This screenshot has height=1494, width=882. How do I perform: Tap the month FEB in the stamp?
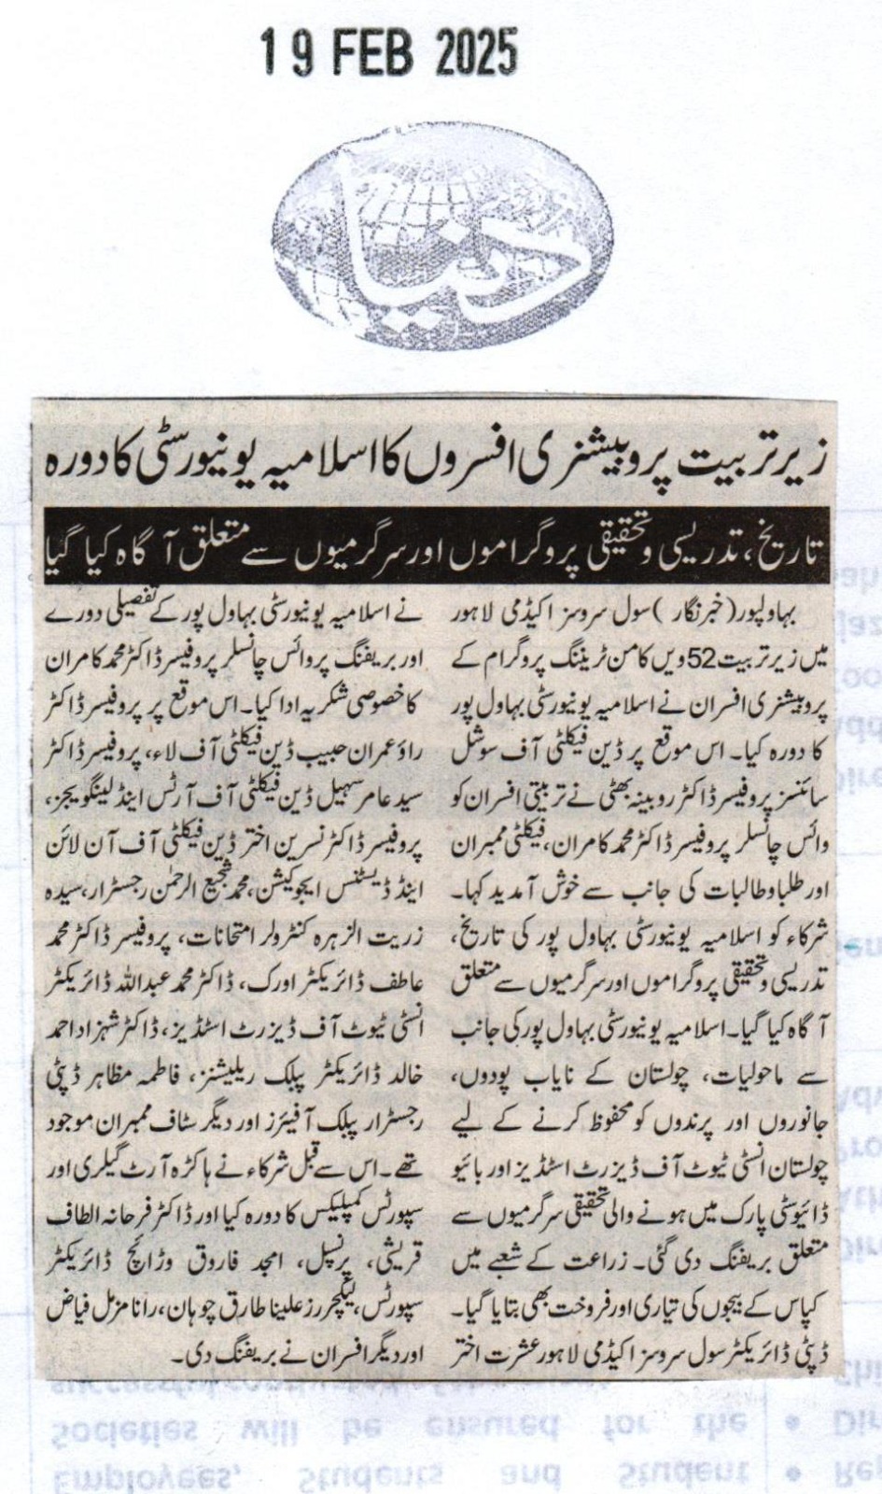click(365, 52)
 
